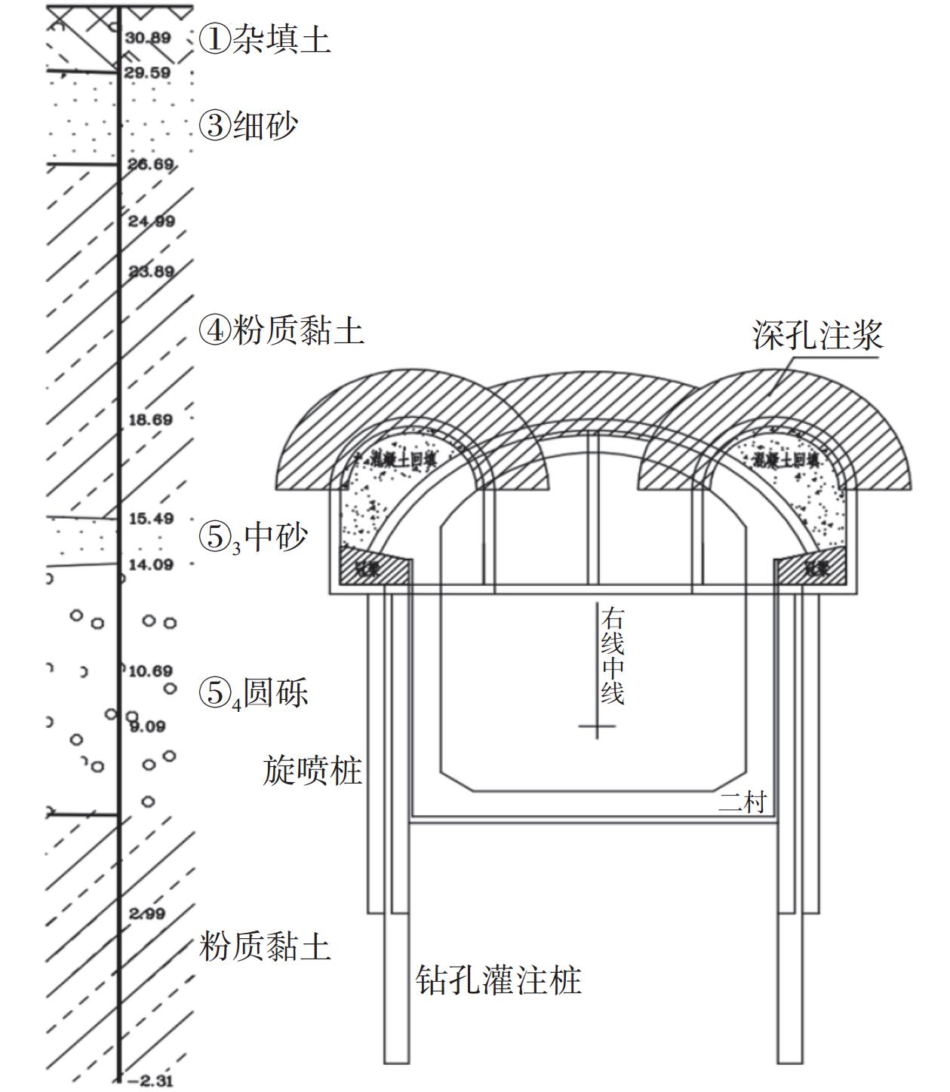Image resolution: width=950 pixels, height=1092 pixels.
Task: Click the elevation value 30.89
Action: pos(148,38)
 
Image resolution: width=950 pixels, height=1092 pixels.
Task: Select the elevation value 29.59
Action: pos(148,72)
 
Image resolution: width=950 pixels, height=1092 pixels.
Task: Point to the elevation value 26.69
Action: pos(150,164)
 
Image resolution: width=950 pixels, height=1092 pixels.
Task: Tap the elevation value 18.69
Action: pos(151,419)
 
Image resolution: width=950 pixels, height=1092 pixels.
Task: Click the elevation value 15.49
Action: pos(151,519)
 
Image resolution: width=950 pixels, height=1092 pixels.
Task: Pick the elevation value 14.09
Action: pos(151,564)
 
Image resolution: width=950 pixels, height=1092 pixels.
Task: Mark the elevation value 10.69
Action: pos(151,671)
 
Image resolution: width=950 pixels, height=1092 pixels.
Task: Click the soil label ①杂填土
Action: pos(264,39)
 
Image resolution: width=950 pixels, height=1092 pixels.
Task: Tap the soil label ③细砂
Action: pos(248,125)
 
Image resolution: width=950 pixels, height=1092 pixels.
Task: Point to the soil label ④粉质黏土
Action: pos(281,330)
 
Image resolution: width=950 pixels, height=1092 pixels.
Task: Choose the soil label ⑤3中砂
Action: pos(254,538)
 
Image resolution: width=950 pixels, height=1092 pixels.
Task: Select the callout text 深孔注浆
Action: pos(817,334)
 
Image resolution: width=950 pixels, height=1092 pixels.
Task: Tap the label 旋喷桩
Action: pos(312,771)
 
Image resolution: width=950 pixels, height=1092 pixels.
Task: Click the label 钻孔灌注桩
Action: pos(499,980)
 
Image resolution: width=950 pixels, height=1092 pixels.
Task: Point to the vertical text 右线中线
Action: pos(612,658)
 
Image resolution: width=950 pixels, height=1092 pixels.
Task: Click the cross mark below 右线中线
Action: pos(597,726)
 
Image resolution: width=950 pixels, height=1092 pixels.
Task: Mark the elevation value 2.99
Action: pos(147,914)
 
